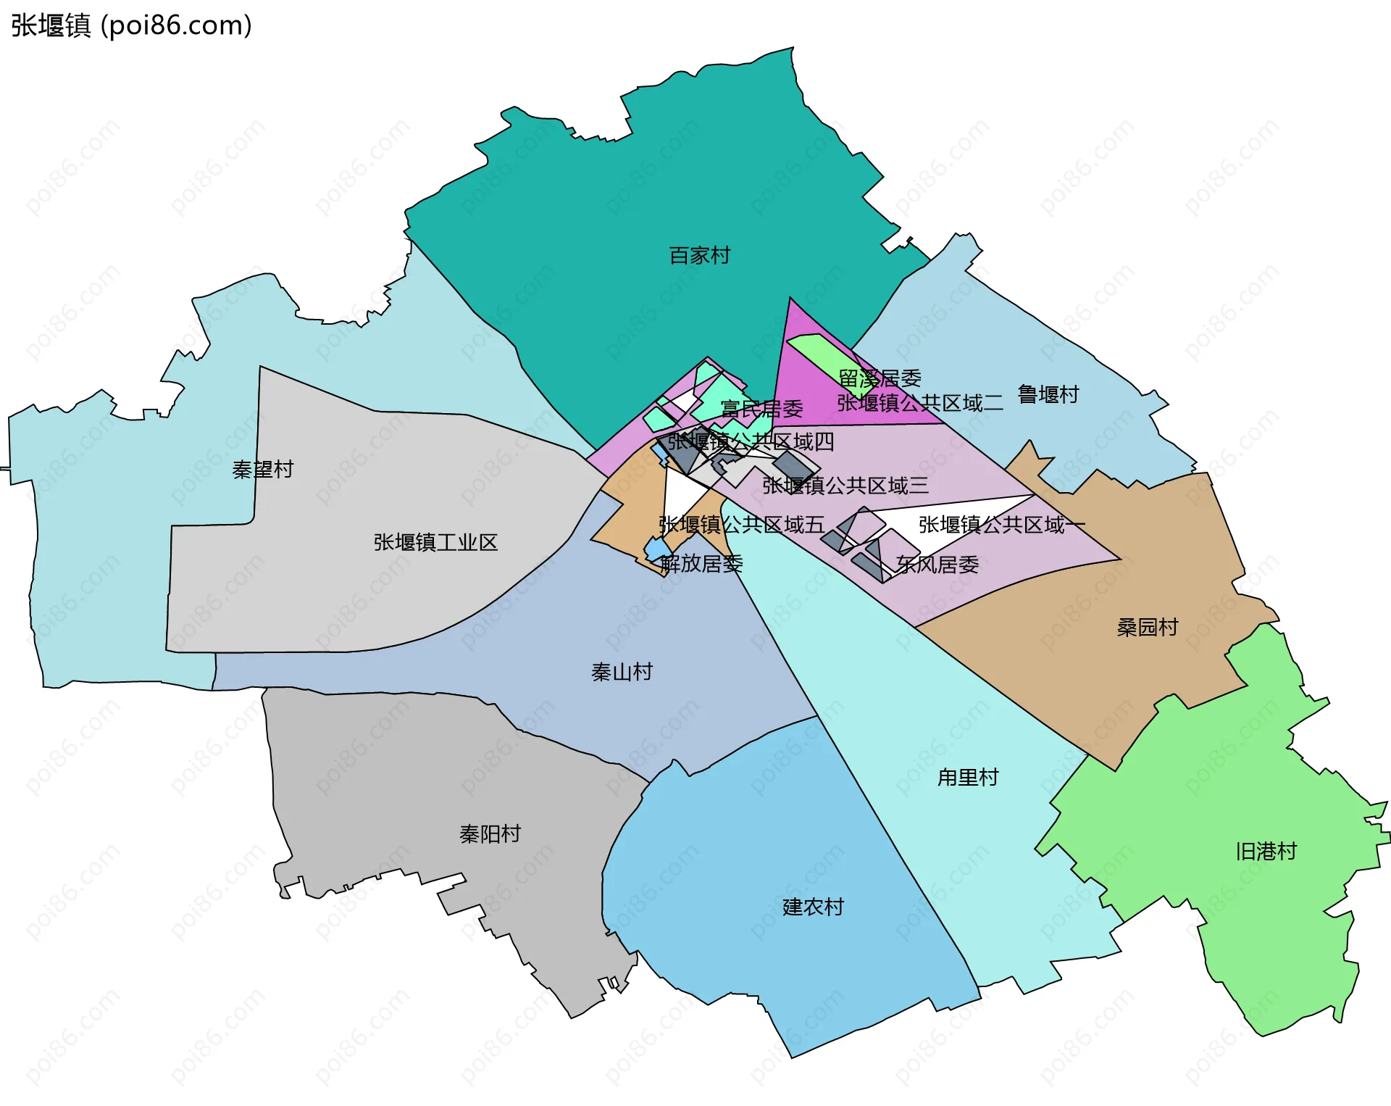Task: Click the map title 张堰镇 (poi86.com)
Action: (x=131, y=25)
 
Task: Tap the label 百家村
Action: (x=699, y=255)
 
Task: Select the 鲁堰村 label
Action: (x=1048, y=394)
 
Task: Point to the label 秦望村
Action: (x=262, y=470)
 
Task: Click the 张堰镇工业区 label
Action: (x=435, y=542)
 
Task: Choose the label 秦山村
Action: (x=622, y=672)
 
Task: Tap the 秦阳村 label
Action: (x=490, y=833)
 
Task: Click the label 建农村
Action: (x=813, y=907)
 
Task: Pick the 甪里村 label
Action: (x=968, y=777)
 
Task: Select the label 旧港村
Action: (x=1266, y=851)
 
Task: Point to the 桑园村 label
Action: (x=1148, y=627)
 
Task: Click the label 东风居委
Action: (x=937, y=564)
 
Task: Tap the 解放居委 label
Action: (x=701, y=563)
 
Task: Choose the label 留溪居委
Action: (x=880, y=378)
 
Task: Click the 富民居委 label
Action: (x=761, y=409)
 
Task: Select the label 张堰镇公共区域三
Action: (x=845, y=485)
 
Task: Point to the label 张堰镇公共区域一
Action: (x=1001, y=524)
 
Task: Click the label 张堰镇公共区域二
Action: (x=920, y=403)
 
